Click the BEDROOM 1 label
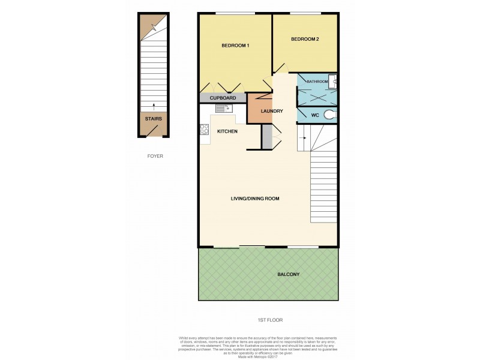click(x=235, y=46)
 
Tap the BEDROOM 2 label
click(x=305, y=40)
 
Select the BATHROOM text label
click(x=317, y=82)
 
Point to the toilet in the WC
click(x=329, y=114)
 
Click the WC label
click(x=314, y=114)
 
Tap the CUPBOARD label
click(x=223, y=98)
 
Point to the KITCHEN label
click(x=227, y=131)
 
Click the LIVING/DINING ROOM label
click(x=256, y=198)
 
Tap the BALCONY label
click(x=288, y=274)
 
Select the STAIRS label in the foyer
click(x=153, y=119)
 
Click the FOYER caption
click(x=155, y=156)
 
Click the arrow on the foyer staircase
click(x=154, y=106)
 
